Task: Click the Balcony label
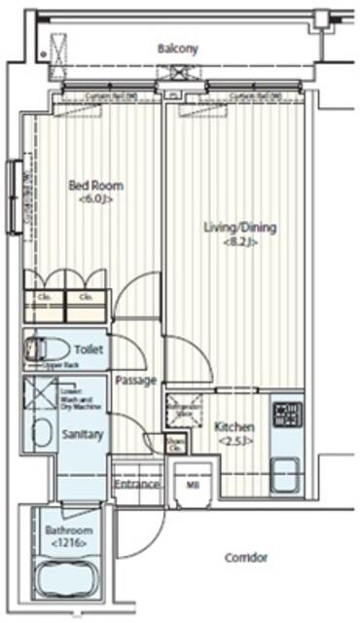(x=177, y=48)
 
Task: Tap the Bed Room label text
(x=94, y=185)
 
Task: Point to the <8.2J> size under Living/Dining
(x=239, y=243)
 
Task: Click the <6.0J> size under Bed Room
(x=95, y=200)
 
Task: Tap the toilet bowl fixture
(x=46, y=348)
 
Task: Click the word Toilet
(x=90, y=348)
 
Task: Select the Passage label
(x=134, y=380)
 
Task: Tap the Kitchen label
(x=234, y=427)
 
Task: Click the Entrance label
(x=136, y=484)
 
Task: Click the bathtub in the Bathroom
(x=66, y=580)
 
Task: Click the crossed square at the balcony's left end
(x=57, y=46)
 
